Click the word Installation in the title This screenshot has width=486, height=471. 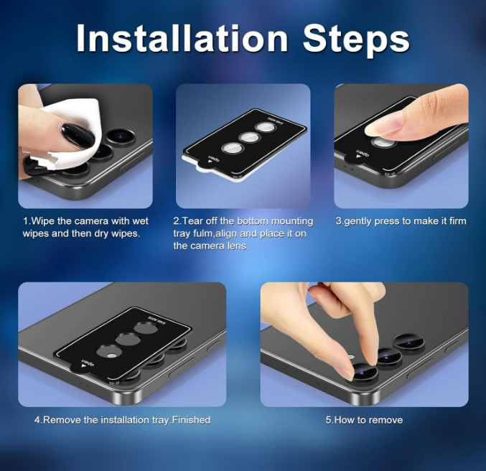(x=182, y=39)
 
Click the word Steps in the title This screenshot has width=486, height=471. (x=356, y=41)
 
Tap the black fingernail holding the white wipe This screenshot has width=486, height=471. (x=78, y=136)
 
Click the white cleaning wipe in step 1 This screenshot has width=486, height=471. (x=75, y=134)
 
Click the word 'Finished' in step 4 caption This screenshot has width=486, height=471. (x=191, y=420)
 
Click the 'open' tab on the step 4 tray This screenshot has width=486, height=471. (x=83, y=365)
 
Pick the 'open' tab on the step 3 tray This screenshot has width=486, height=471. (x=359, y=154)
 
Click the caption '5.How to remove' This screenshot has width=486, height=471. (x=364, y=420)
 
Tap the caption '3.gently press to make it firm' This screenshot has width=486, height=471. (x=401, y=221)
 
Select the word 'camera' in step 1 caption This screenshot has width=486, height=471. (x=92, y=221)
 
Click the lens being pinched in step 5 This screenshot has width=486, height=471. (x=365, y=371)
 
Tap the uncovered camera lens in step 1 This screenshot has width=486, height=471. (x=121, y=136)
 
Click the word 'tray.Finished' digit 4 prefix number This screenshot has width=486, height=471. (x=38, y=420)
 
